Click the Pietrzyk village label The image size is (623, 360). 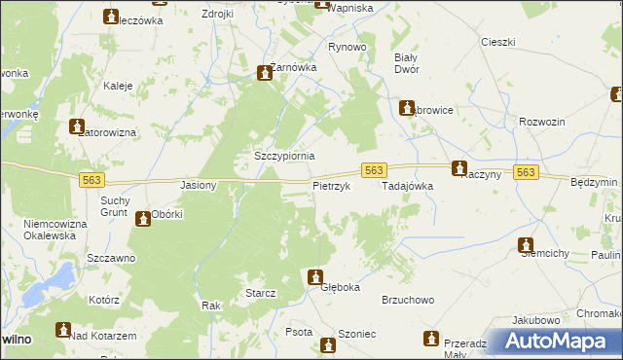coord(330,185)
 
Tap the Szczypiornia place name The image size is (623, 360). coord(284,156)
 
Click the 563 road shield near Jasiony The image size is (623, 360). coord(92,180)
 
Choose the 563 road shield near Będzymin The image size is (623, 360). coord(525,171)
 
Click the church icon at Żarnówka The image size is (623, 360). coord(264,73)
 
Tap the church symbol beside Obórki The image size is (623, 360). coord(144,218)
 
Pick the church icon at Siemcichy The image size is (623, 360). coord(527,245)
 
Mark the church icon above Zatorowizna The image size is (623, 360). coord(77,126)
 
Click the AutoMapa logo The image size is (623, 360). coord(551,341)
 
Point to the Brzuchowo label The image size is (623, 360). coord(408,301)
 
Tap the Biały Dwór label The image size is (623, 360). coord(405,63)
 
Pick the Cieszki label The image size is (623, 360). coord(497,42)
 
